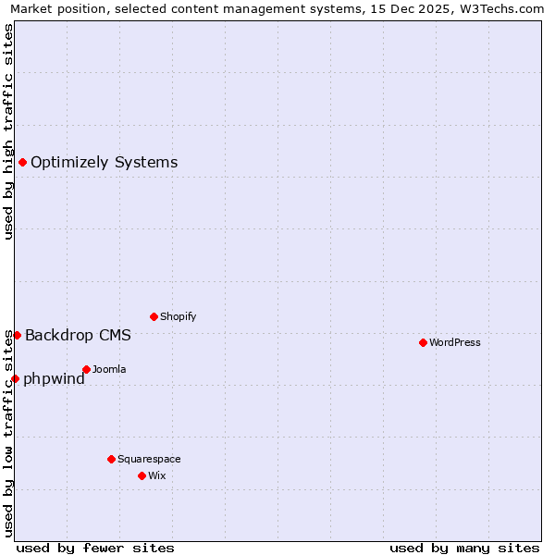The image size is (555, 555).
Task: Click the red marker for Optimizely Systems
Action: click(x=22, y=163)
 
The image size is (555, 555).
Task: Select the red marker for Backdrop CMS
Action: click(x=17, y=335)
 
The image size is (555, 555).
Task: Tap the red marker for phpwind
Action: click(x=15, y=378)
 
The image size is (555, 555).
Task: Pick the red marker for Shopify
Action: click(x=154, y=316)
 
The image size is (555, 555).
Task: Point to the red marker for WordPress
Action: click(x=423, y=342)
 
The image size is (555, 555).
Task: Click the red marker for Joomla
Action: click(x=86, y=369)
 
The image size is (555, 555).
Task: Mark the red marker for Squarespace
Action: click(x=111, y=459)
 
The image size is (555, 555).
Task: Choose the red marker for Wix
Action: click(x=142, y=475)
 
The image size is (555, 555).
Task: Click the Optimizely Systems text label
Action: click(x=104, y=163)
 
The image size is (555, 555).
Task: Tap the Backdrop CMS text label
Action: click(x=78, y=335)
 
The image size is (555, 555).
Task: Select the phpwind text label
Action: click(x=54, y=378)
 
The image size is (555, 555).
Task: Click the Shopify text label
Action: click(x=178, y=316)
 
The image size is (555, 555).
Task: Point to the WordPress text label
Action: click(x=455, y=342)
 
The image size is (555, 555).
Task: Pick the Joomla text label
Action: click(x=109, y=369)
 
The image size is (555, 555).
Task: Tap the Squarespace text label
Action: click(x=149, y=459)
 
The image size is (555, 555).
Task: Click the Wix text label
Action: click(x=156, y=475)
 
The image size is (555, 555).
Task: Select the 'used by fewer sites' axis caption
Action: click(x=95, y=548)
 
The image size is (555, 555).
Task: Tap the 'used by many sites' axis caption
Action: click(x=464, y=548)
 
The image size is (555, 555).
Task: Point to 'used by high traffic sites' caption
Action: click(x=8, y=131)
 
